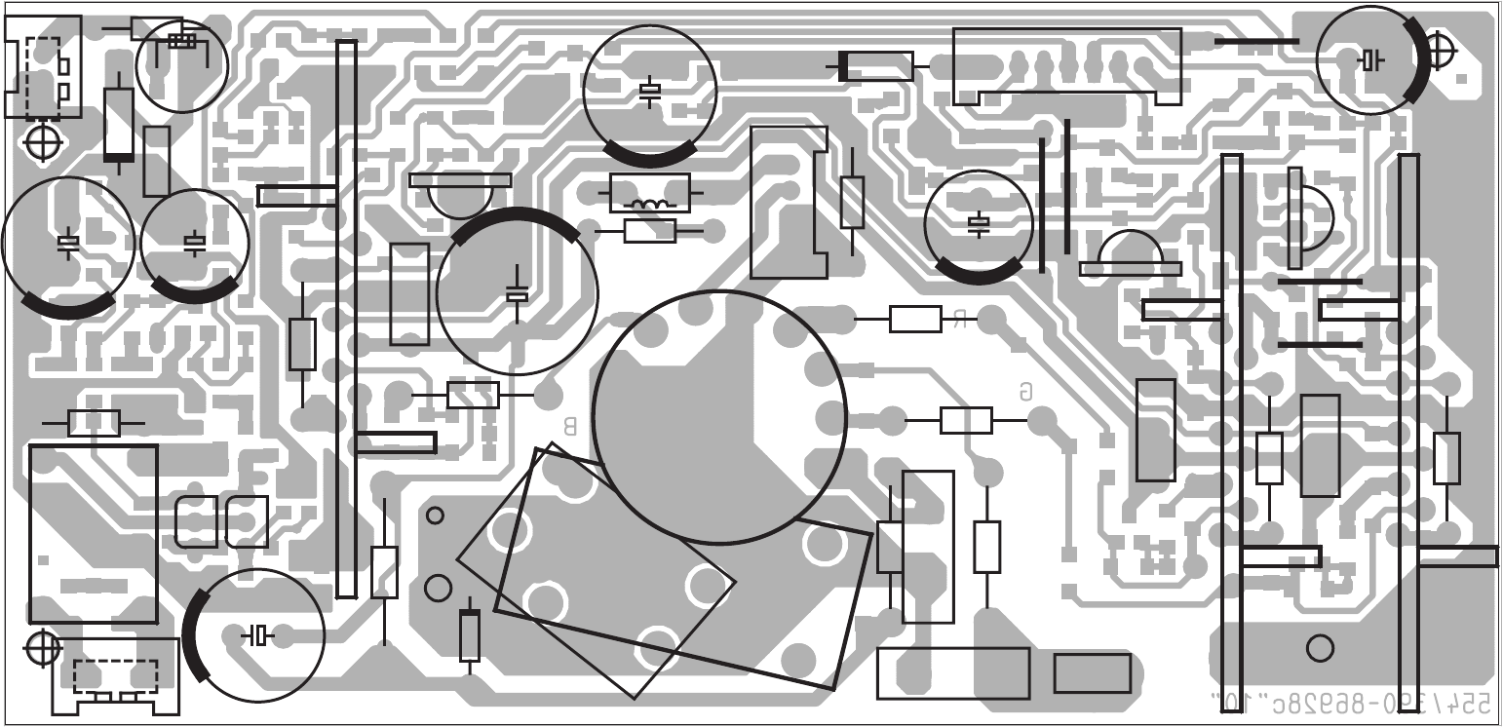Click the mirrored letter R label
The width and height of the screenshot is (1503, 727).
click(x=960, y=319)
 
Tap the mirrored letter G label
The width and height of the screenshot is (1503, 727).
click(x=1025, y=392)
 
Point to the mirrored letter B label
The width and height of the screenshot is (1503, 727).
click(x=571, y=426)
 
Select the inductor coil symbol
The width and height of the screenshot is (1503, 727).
click(x=650, y=205)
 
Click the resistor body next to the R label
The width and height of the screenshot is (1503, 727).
click(x=915, y=319)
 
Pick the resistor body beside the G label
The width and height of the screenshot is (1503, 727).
click(x=966, y=420)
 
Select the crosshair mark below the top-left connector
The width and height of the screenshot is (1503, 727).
click(x=42, y=142)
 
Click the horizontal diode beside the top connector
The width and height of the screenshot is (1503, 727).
click(x=875, y=66)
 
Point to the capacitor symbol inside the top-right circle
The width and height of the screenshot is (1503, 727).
click(x=1370, y=60)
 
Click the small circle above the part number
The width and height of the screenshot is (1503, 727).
click(x=1320, y=648)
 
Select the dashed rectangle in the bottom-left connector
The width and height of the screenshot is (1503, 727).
click(x=115, y=674)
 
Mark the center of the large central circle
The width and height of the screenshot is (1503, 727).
click(x=718, y=417)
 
